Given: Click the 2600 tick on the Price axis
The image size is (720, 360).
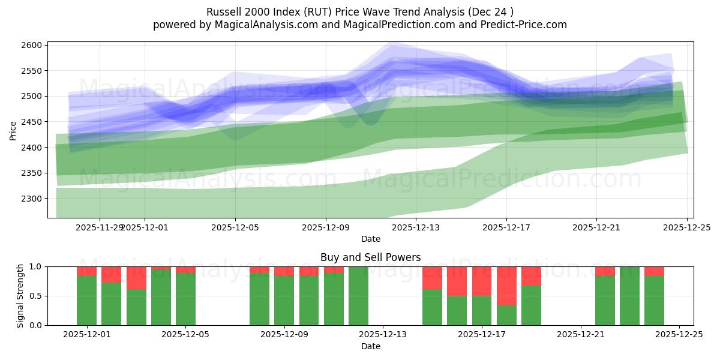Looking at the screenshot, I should click(34, 45).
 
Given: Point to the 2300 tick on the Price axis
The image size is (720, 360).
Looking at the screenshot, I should click(34, 199).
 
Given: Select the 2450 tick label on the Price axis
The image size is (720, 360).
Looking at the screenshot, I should click(34, 122).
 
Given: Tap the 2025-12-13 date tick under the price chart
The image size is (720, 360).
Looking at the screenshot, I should click(416, 227).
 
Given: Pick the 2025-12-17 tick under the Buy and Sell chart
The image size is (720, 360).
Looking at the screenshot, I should click(482, 335).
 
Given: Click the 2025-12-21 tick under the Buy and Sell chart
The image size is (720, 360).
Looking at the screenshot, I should click(581, 335).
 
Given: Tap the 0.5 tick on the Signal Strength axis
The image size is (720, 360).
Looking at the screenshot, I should click(35, 296).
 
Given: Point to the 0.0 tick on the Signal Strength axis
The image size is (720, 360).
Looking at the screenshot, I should click(35, 325).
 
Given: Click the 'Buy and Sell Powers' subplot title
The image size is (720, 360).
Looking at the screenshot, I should click(370, 257).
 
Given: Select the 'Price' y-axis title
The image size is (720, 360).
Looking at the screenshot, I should click(13, 130).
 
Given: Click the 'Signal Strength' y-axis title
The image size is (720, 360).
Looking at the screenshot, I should click(20, 295).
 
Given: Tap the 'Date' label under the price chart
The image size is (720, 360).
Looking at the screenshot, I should click(370, 239).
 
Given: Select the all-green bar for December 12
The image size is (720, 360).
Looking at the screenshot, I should click(358, 296).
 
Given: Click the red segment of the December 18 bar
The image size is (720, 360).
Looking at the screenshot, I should click(506, 286).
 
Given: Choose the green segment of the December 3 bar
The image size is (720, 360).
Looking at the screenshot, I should click(136, 307).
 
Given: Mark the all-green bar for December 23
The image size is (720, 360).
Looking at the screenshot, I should click(629, 296).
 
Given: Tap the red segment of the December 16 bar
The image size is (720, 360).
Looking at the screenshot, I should click(457, 281).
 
